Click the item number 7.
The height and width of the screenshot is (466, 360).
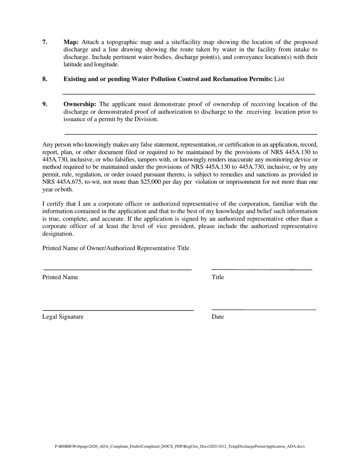pyautogui.click(x=45, y=42)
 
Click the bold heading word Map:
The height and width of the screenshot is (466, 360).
pyautogui.click(x=71, y=42)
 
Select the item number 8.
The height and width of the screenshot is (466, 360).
pyautogui.click(x=45, y=79)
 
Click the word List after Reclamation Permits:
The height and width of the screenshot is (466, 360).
pyautogui.click(x=279, y=79)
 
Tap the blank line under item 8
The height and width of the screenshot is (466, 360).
pyautogui.click(x=189, y=94)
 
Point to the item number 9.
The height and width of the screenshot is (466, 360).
pyautogui.click(x=45, y=104)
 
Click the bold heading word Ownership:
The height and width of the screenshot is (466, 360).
pyautogui.click(x=80, y=104)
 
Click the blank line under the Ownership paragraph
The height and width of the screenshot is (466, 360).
pyautogui.click(x=191, y=134)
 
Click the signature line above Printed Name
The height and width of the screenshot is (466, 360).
pyautogui.click(x=117, y=270)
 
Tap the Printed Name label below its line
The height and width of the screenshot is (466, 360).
pyautogui.click(x=60, y=277)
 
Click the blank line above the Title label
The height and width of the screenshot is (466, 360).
pyautogui.click(x=262, y=269)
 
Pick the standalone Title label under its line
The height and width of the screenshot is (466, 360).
pyautogui.click(x=218, y=277)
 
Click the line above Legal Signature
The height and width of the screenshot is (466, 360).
pyautogui.click(x=118, y=310)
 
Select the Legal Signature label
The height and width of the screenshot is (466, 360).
pyautogui.click(x=63, y=317)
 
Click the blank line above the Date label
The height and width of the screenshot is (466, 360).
pyautogui.click(x=264, y=310)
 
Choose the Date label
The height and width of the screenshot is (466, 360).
pyautogui.click(x=218, y=317)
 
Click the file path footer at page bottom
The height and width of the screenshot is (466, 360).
pyautogui.click(x=180, y=446)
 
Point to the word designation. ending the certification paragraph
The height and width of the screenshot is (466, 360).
pyautogui.click(x=58, y=234)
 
